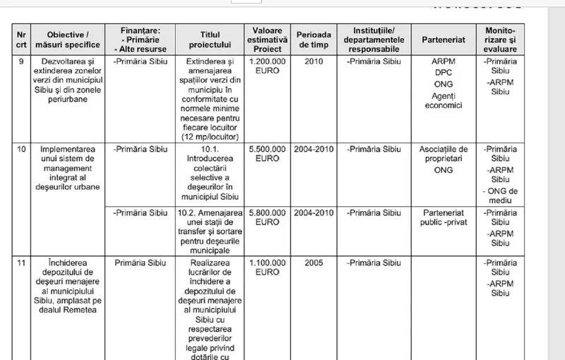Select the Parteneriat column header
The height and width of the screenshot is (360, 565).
coord(443,40)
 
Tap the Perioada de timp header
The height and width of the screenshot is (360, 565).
coord(313,40)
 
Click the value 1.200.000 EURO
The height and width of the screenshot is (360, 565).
coord(266,67)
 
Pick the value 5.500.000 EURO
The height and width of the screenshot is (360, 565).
coord(266,155)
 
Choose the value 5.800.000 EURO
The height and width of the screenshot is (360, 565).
coord(266,217)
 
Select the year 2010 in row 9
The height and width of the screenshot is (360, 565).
coord(313,62)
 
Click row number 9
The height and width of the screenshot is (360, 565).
coord(21,62)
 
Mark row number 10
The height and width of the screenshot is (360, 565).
coord(21,150)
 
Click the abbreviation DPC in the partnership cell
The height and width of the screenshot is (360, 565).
coord(443,73)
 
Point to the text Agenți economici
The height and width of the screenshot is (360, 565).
coord(443,100)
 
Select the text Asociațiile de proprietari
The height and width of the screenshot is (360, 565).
coord(443,155)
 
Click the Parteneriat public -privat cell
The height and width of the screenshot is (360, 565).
coord(443,217)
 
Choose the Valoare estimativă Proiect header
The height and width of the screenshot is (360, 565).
coord(266,40)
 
